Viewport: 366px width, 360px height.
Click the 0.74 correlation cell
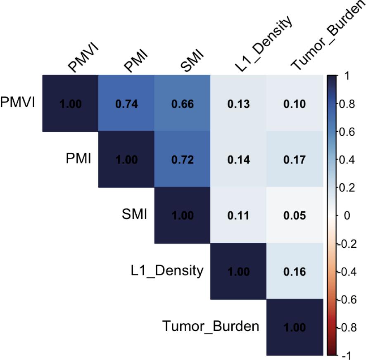click(126, 104)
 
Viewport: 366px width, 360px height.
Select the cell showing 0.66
click(182, 104)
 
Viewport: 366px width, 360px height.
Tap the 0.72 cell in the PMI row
click(182, 160)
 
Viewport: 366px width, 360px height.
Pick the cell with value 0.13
click(238, 104)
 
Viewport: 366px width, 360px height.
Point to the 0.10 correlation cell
click(294, 104)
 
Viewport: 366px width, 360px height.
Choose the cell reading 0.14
click(238, 160)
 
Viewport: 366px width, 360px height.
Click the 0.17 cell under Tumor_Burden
click(294, 160)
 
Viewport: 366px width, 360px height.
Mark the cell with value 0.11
click(238, 216)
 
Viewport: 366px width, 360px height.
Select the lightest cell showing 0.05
click(294, 216)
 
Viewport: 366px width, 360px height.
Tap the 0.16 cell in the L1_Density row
click(294, 272)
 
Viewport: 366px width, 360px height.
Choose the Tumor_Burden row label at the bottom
click(211, 327)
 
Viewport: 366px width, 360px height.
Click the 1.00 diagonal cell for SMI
click(182, 216)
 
